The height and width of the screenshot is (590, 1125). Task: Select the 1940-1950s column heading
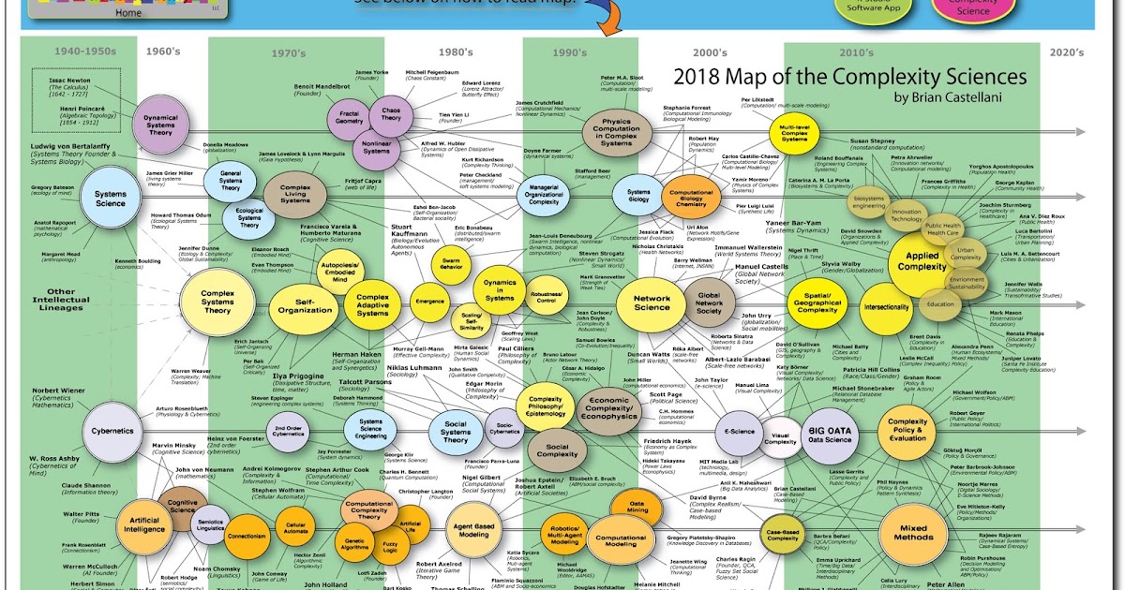pyautogui.click(x=84, y=52)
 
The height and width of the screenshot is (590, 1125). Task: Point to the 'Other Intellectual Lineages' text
pyautogui.click(x=62, y=301)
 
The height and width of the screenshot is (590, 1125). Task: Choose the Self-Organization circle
pyautogui.click(x=302, y=305)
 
